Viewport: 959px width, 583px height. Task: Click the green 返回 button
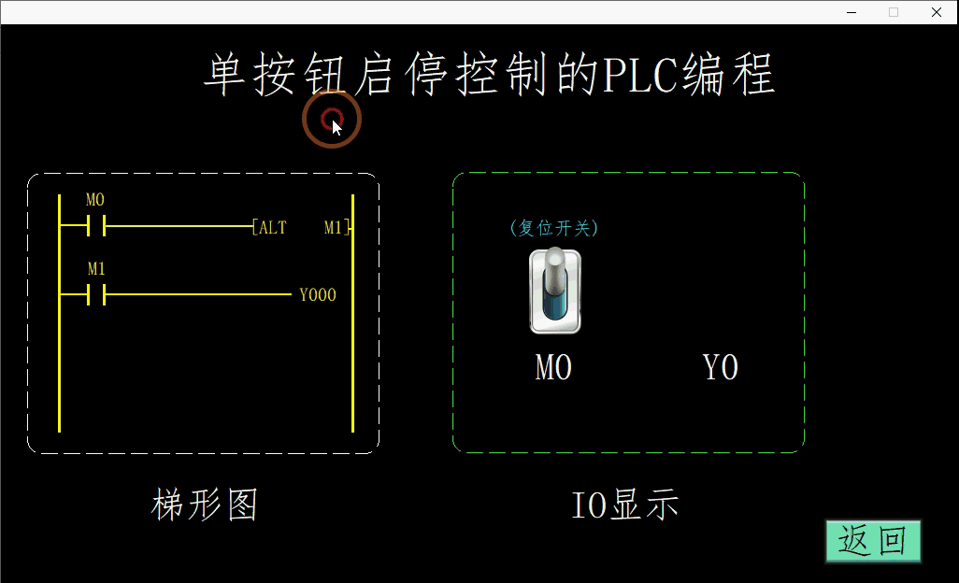tap(873, 541)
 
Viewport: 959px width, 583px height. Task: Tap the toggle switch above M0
tap(555, 291)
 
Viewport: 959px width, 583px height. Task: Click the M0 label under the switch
tap(553, 368)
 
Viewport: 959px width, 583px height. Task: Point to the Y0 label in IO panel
tap(721, 368)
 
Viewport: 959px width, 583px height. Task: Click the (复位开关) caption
tap(554, 228)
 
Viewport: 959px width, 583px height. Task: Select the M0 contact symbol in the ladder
tap(95, 226)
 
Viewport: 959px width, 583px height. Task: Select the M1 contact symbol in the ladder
tap(95, 295)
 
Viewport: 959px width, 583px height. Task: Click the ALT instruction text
tap(273, 227)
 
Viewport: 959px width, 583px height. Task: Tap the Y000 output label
tap(318, 295)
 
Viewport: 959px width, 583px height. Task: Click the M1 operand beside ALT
tap(334, 227)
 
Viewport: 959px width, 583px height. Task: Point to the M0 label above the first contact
tap(95, 200)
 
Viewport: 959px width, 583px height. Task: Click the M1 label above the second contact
tap(96, 269)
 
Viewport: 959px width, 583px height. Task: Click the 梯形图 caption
tap(205, 505)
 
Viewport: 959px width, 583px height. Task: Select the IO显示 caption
tap(625, 505)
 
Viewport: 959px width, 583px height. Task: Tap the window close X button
tap(936, 12)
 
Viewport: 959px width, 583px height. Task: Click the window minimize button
tap(852, 12)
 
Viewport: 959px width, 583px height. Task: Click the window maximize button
tap(894, 12)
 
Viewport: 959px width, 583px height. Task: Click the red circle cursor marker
tap(331, 119)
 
